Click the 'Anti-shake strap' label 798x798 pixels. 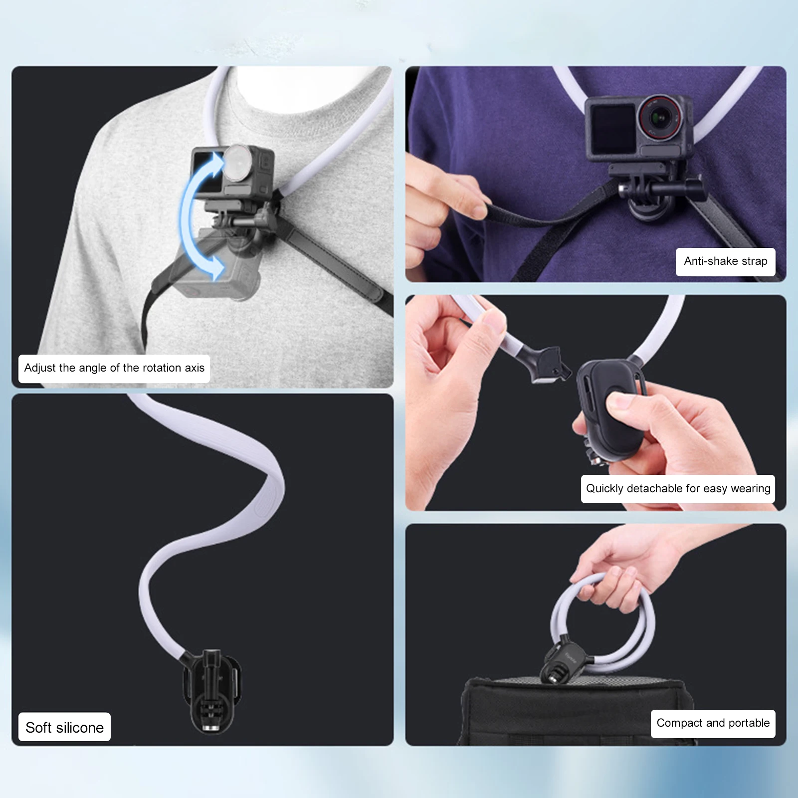point(725,261)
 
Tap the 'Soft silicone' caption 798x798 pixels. point(64,727)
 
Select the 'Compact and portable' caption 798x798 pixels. point(713,723)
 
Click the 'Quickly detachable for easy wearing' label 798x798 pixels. point(678,489)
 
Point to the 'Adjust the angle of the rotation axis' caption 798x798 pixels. point(114,368)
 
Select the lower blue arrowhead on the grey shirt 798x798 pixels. point(215,269)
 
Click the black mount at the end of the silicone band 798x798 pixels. point(211,690)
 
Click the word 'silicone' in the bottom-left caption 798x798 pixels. point(80,727)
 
